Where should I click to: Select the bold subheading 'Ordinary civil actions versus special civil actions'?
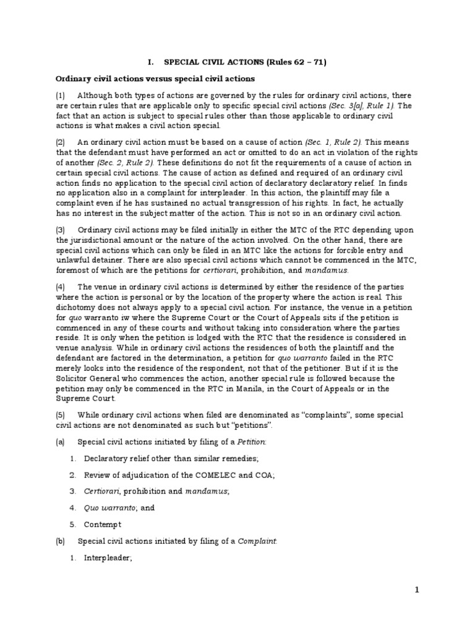coord(155,79)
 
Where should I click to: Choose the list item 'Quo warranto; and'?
coord(119,507)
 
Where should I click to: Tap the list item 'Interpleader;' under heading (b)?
coord(108,557)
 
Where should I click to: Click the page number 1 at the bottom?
coord(417,590)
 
